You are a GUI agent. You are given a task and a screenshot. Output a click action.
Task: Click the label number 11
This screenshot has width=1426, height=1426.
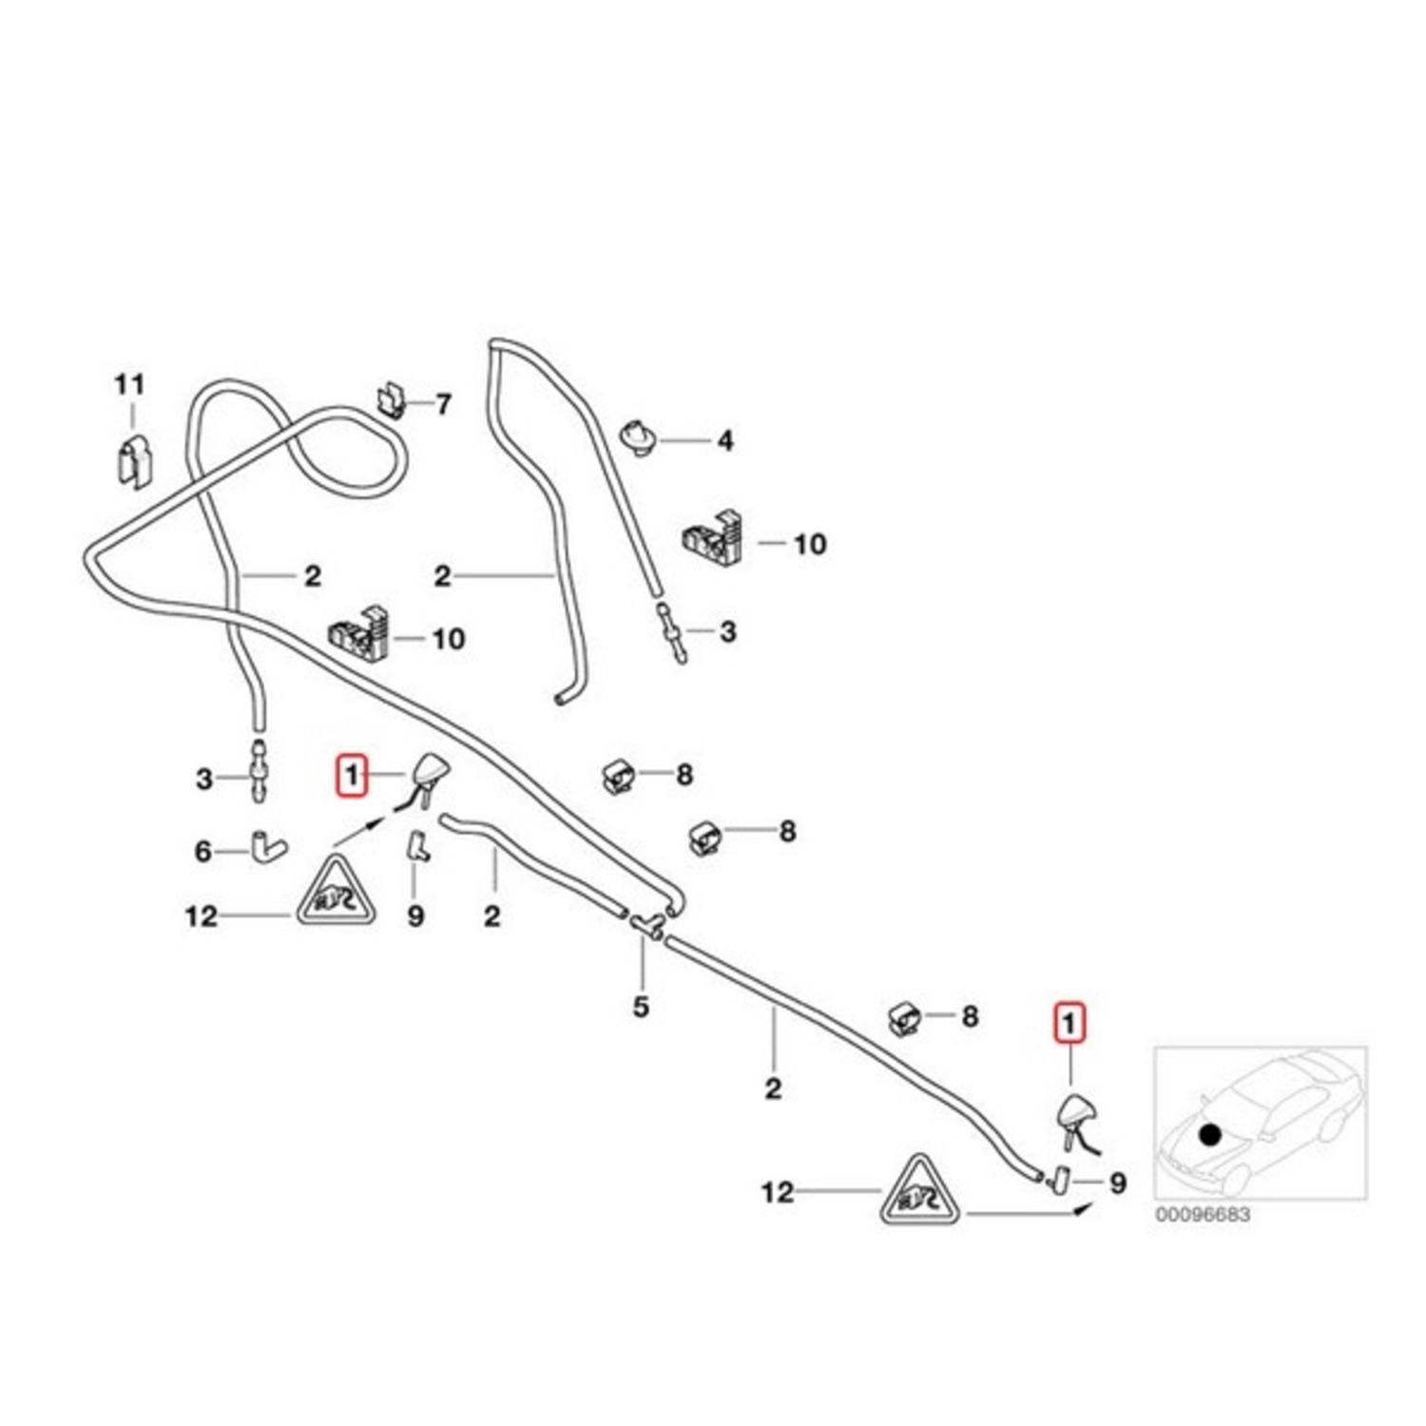[129, 385]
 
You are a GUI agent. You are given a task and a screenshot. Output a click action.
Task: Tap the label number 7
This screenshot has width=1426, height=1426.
[443, 404]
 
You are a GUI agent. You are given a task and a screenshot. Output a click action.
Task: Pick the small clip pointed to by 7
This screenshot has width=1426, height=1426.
[390, 401]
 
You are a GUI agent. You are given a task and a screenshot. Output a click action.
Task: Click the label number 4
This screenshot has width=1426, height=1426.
[725, 441]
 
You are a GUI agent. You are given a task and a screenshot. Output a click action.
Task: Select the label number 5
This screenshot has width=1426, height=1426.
[641, 1006]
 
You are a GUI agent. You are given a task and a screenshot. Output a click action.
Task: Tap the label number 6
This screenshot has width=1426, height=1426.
[202, 852]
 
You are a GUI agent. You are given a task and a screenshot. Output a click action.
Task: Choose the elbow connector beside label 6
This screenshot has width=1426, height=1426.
[267, 845]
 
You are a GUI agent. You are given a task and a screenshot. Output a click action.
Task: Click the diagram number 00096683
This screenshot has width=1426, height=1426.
[1203, 1215]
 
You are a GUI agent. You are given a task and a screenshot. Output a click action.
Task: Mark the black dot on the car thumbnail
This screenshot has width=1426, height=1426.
[1209, 1134]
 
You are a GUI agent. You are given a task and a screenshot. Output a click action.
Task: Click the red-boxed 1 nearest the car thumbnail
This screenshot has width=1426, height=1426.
[1069, 1024]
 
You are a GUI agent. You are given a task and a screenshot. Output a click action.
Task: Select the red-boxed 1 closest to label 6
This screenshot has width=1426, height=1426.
[352, 775]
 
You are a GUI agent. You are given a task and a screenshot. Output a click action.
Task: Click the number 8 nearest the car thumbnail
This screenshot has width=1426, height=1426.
[969, 1016]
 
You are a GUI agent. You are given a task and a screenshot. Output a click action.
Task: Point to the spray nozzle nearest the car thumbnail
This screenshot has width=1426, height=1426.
[1076, 1115]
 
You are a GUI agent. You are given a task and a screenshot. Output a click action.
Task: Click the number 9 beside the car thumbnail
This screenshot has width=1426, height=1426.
[1118, 1183]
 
